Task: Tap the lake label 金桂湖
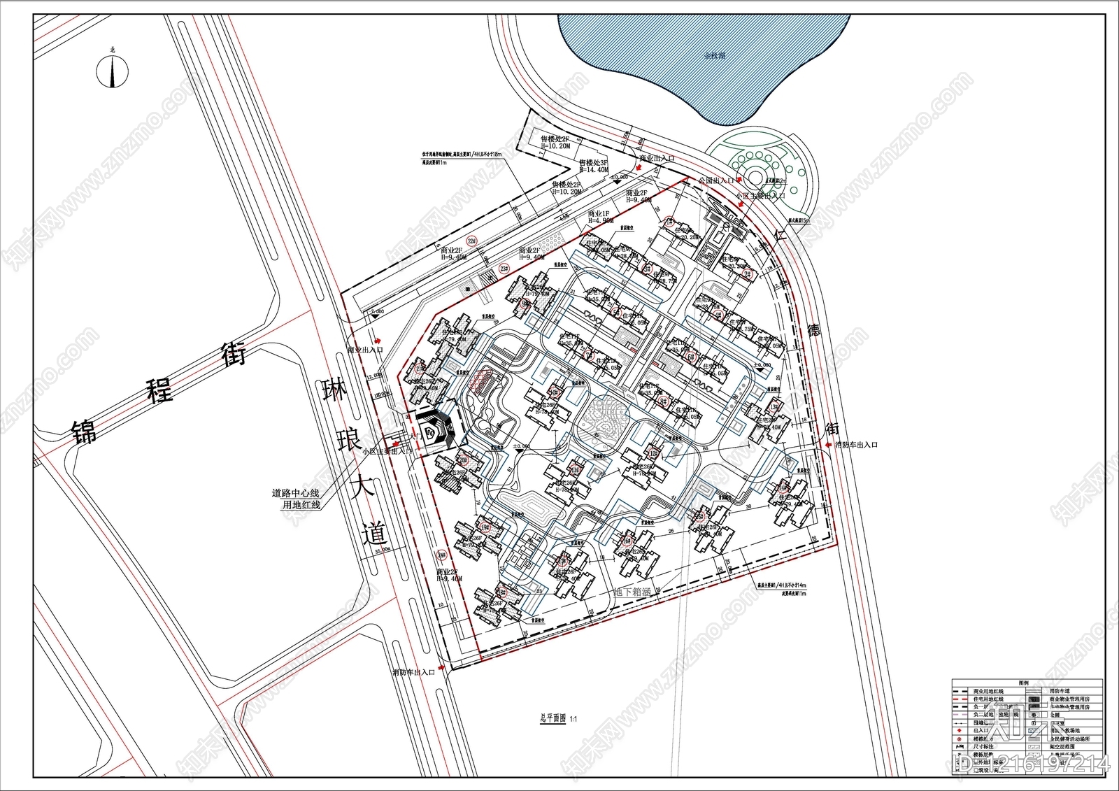click(x=714, y=55)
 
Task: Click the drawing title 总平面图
click(x=553, y=718)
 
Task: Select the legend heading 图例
click(x=1024, y=682)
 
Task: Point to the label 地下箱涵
click(x=632, y=592)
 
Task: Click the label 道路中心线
click(x=295, y=493)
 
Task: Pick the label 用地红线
click(x=301, y=504)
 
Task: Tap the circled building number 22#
click(x=472, y=242)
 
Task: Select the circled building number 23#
click(x=504, y=269)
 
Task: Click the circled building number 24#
click(x=441, y=556)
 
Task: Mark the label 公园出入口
click(x=715, y=180)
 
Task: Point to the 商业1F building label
click(x=600, y=214)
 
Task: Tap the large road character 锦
click(x=85, y=432)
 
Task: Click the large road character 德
click(x=813, y=330)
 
